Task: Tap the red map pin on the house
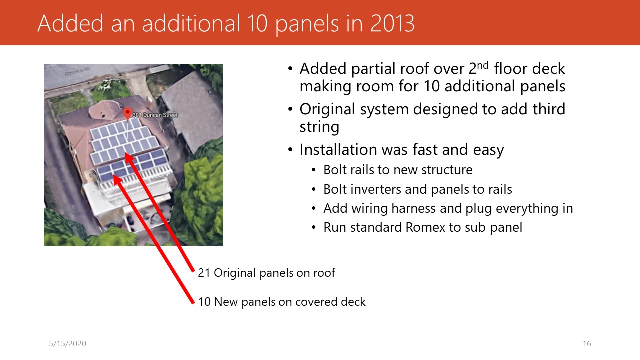click(x=127, y=113)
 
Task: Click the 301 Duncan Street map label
click(x=155, y=115)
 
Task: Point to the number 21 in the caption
click(x=204, y=273)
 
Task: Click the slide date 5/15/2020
click(x=67, y=343)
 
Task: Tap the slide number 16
click(x=587, y=343)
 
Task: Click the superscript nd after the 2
click(x=483, y=65)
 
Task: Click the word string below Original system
click(x=319, y=127)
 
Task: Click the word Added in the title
click(x=70, y=23)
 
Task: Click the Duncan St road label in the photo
click(x=77, y=71)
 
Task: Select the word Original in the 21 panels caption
click(x=235, y=273)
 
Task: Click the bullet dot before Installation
click(x=290, y=149)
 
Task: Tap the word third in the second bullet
click(x=549, y=109)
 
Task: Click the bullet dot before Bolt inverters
click(x=314, y=189)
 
